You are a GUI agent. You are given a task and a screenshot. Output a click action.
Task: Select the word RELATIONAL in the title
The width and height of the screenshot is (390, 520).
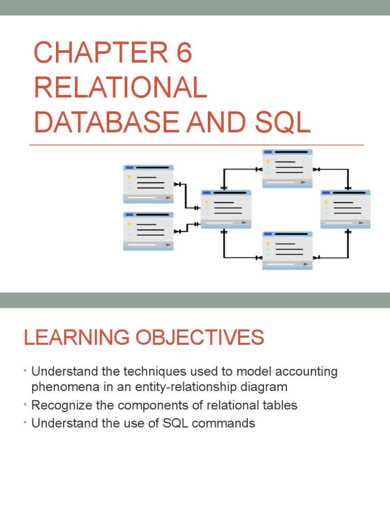[120, 88]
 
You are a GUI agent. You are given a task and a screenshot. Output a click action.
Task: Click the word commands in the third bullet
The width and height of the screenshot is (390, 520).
[225, 423]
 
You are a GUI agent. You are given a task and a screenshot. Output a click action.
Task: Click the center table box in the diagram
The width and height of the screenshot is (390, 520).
[226, 209]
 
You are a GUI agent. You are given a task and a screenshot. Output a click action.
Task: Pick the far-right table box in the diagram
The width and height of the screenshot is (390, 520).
[345, 209]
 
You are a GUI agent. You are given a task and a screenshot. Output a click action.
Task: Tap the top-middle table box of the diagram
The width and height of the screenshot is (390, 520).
[287, 169]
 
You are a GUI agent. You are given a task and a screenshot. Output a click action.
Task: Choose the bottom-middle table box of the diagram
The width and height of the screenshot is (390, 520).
[287, 250]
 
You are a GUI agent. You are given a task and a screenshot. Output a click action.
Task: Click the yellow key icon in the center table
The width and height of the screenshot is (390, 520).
[207, 203]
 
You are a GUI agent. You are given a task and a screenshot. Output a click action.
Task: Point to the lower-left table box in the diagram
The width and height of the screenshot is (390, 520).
[148, 231]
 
